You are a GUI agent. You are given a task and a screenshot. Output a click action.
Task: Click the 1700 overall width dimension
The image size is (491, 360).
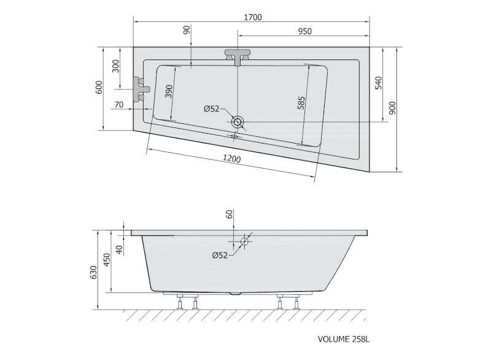(x=252, y=17)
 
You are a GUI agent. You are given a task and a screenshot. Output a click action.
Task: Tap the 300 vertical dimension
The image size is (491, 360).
(x=115, y=66)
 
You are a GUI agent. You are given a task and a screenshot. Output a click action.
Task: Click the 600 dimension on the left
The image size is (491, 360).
(x=99, y=88)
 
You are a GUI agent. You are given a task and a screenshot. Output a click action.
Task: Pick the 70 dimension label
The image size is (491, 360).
(x=119, y=105)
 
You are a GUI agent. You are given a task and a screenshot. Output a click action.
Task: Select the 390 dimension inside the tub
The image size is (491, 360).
(x=168, y=91)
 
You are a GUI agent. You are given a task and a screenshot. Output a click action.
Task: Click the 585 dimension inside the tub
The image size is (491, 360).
(x=301, y=102)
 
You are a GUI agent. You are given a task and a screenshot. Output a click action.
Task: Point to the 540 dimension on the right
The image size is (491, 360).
(x=378, y=83)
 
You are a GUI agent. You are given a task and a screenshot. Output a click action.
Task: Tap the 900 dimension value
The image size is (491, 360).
(x=393, y=108)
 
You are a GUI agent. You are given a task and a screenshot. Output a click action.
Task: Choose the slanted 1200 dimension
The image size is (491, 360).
(x=231, y=159)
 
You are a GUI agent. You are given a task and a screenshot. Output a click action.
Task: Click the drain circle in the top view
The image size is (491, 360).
(x=238, y=122)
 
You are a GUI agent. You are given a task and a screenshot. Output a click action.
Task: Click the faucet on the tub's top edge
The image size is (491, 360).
(x=238, y=56)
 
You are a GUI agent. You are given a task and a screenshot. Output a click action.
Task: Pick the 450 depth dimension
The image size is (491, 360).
(x=107, y=261)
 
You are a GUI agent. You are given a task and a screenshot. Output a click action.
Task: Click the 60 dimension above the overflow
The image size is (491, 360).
(x=229, y=214)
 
